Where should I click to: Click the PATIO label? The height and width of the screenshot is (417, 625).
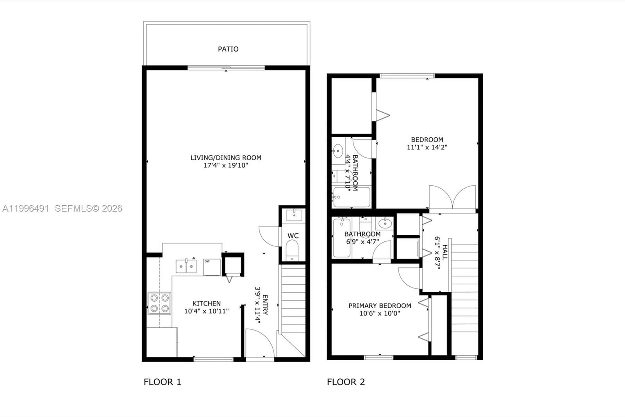pyautogui.click(x=228, y=49)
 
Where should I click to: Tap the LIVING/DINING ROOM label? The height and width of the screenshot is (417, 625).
pyautogui.click(x=226, y=158)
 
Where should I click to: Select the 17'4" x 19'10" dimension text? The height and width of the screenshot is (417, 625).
pyautogui.click(x=226, y=165)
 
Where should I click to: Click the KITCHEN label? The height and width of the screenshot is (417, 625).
pyautogui.click(x=206, y=304)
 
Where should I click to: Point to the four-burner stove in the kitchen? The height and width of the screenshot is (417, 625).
pyautogui.click(x=159, y=303)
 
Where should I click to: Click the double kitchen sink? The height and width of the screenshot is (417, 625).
pyautogui.click(x=186, y=266)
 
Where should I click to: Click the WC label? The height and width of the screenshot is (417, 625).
pyautogui.click(x=293, y=236)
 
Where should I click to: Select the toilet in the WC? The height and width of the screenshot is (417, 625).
pyautogui.click(x=292, y=250)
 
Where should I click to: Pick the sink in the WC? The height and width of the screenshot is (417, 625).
pyautogui.click(x=294, y=215)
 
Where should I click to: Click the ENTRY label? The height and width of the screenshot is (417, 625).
pyautogui.click(x=265, y=305)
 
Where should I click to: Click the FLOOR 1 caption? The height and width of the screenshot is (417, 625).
pyautogui.click(x=162, y=382)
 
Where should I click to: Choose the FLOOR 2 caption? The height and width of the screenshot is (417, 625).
pyautogui.click(x=346, y=382)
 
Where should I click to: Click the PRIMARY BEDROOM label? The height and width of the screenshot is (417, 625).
pyautogui.click(x=380, y=306)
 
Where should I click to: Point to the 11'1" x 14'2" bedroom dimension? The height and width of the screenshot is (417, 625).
pyautogui.click(x=427, y=147)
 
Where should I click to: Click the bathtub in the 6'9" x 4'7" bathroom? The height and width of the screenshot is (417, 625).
pyautogui.click(x=342, y=238)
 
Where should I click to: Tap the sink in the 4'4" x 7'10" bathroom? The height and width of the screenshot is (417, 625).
pyautogui.click(x=338, y=151)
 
